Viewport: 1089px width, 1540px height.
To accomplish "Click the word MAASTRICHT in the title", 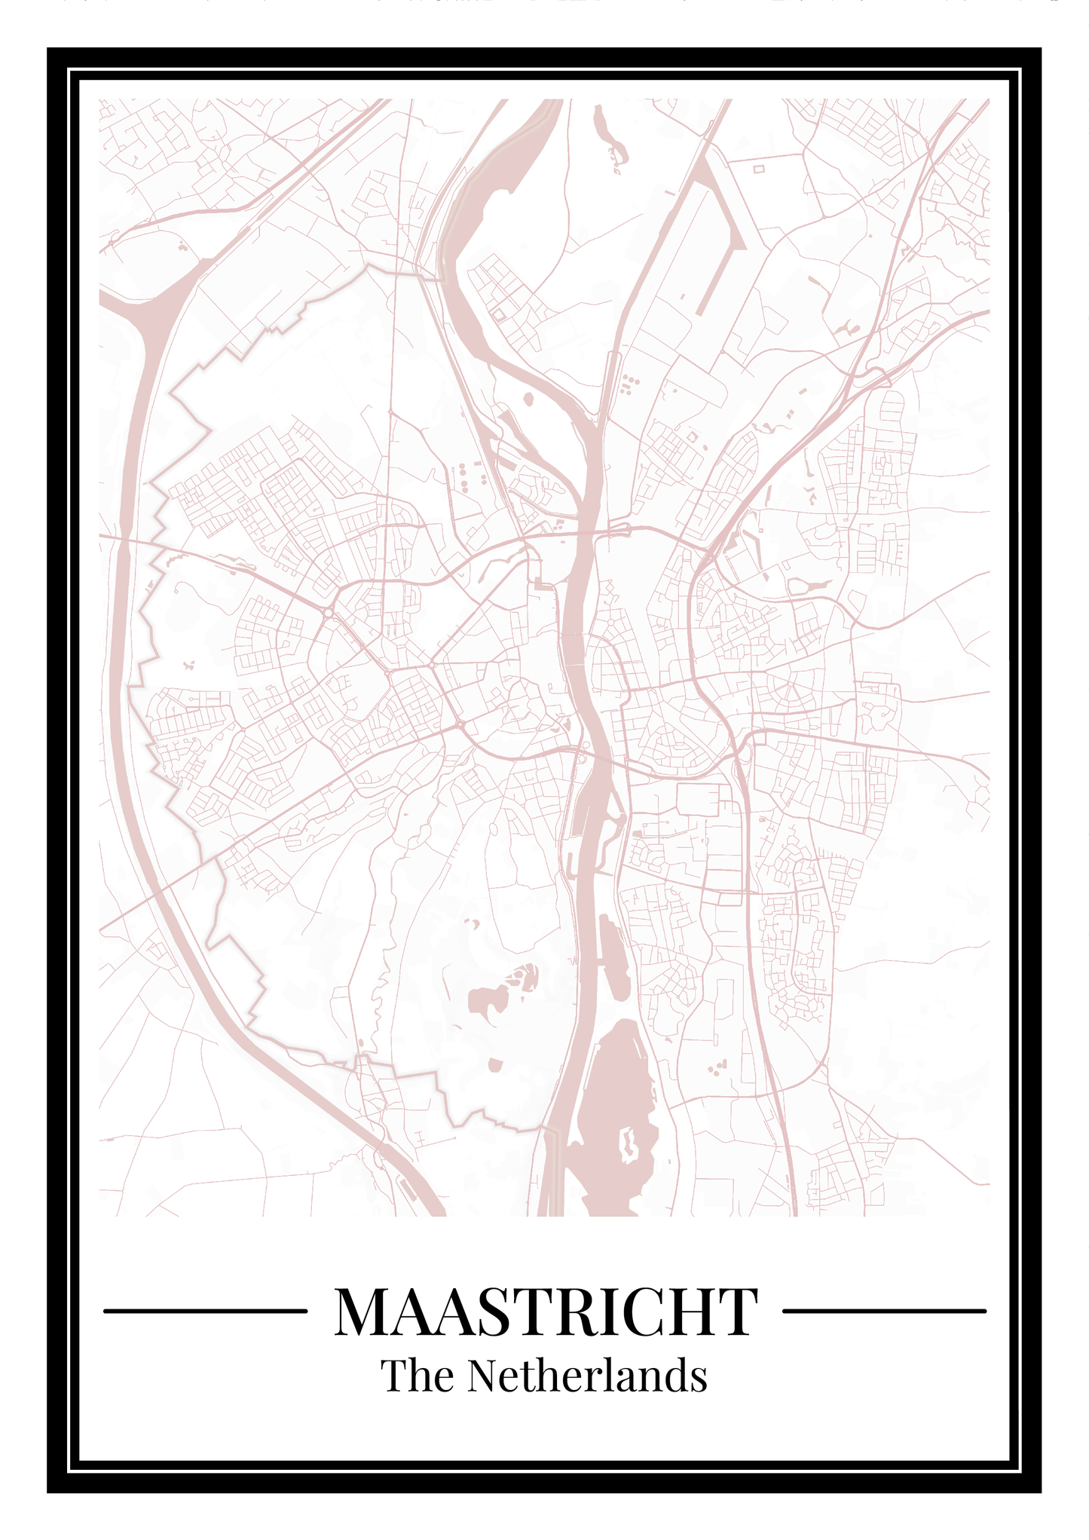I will pos(545,1312).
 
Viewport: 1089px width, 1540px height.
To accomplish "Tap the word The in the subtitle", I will pos(417,1375).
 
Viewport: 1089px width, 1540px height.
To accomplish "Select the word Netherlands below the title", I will pos(586,1375).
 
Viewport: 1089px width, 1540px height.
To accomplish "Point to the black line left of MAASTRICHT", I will pos(205,1312).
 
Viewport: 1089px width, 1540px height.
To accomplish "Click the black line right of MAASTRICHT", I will pos(884,1312).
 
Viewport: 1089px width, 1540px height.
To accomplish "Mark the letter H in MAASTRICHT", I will pos(690,1312).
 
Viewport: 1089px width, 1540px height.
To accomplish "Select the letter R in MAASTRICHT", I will pos(578,1312).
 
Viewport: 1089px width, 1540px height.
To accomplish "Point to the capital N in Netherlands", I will pos(483,1375).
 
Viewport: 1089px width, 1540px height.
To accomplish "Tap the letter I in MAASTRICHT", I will pos(611,1312).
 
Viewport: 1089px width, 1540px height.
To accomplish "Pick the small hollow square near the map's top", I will pos(758,169).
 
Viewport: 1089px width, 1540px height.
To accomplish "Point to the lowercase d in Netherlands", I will pos(676,1375).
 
